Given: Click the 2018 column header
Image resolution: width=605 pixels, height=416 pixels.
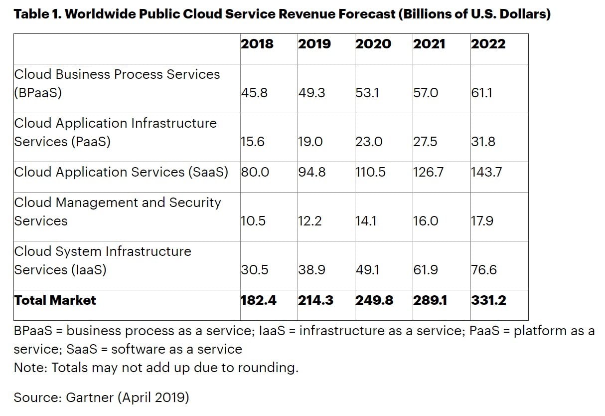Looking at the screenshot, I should tap(257, 44).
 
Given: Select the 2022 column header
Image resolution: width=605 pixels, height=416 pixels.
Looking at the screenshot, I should tap(488, 44).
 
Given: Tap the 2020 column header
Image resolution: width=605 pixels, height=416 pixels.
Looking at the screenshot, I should tap(373, 44).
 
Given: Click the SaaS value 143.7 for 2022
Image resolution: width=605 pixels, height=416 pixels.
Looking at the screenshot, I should tap(486, 172).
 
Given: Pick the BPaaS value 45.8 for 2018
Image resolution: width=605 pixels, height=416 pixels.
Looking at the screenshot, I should tap(254, 93).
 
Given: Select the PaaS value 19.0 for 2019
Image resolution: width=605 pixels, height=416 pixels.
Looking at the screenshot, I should tap(310, 142).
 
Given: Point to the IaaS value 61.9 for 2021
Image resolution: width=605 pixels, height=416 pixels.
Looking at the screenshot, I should tap(426, 270).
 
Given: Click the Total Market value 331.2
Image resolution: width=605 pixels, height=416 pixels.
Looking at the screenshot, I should tap(488, 300).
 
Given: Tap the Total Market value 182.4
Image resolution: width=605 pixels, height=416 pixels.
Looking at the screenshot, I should tap(259, 300).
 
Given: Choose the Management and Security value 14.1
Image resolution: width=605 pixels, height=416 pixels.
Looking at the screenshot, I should tap(367, 221).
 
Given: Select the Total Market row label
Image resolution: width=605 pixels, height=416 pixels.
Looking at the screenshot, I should tap(55, 300).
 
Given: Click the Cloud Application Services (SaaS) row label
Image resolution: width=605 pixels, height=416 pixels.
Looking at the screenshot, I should tap(121, 172).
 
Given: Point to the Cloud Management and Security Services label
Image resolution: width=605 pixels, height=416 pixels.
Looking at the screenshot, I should tap(117, 211).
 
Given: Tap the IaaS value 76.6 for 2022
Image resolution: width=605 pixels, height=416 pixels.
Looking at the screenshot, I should tap(483, 270).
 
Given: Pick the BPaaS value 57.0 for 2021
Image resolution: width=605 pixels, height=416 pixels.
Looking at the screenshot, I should tap(426, 93).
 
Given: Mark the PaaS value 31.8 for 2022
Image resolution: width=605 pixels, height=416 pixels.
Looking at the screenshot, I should tap(483, 142).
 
